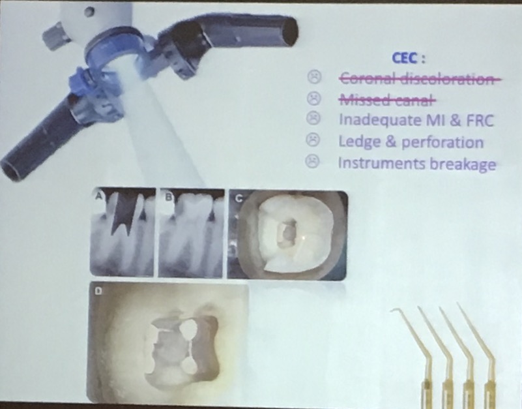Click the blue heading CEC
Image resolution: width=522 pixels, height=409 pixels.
405,58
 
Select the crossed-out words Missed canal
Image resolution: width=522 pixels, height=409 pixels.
387,99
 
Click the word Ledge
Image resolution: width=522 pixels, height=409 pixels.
358,142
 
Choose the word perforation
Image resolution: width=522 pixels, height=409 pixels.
442,143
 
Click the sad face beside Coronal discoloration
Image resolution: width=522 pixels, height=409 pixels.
314,77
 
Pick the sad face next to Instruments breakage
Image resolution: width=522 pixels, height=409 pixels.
312,161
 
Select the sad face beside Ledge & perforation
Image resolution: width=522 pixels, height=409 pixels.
313,140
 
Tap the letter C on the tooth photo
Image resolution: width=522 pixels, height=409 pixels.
239,198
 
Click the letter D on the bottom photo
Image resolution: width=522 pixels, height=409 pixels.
98,292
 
